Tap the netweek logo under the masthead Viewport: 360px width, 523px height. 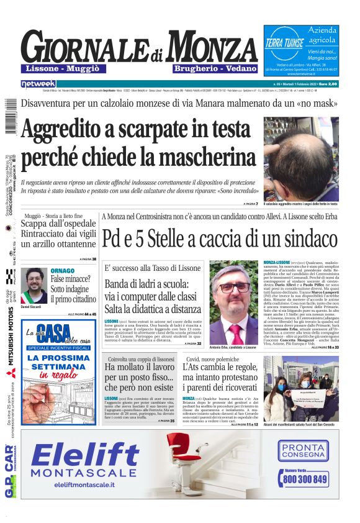coord(38,83)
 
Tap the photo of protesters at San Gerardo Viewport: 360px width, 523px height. coord(301,388)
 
